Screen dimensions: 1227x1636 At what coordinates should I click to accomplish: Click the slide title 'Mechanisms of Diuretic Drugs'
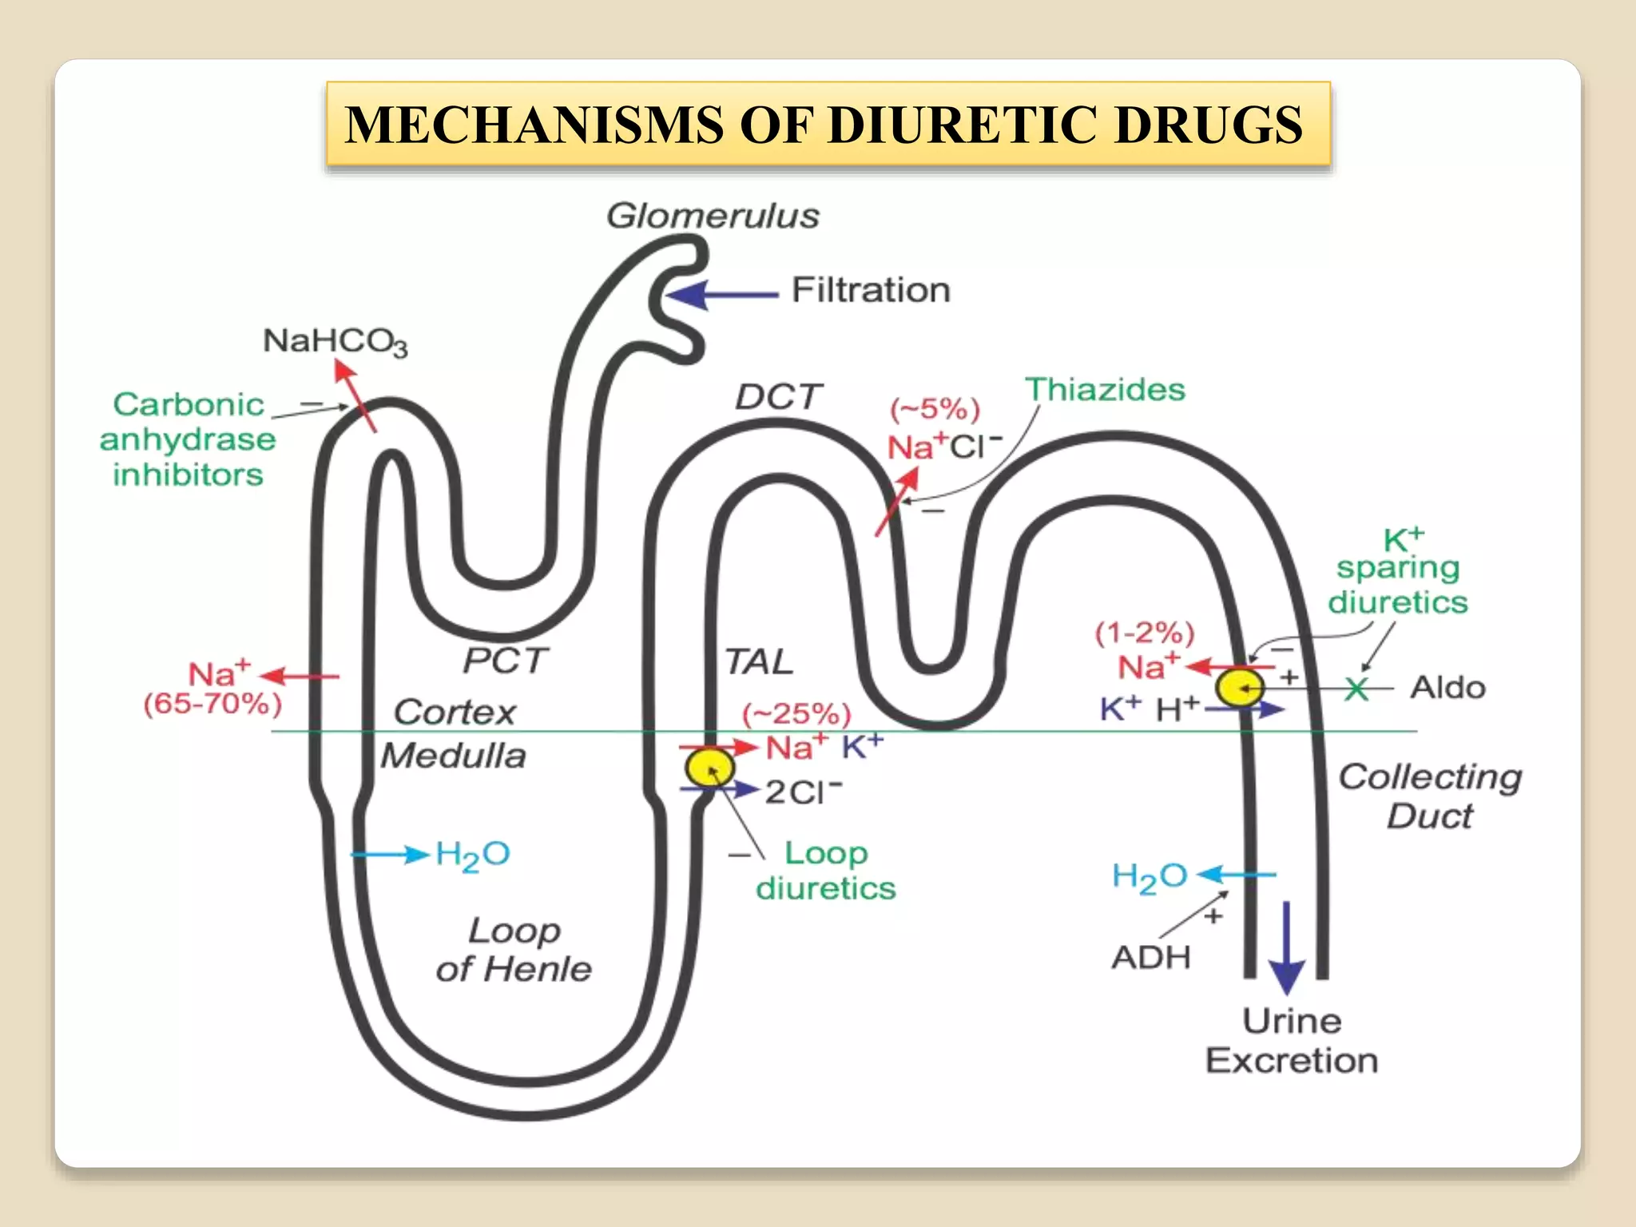828,125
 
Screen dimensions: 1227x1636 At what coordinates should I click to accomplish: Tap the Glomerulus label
713,216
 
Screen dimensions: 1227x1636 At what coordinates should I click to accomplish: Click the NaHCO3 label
335,341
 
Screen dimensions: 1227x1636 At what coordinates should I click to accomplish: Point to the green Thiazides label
1105,390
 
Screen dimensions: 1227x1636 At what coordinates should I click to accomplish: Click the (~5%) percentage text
935,410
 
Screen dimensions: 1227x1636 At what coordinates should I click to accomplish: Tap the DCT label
778,396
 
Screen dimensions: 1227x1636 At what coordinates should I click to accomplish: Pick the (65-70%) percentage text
212,704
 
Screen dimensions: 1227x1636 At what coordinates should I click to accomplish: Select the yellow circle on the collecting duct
1239,687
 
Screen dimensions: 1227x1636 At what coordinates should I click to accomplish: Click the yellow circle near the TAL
709,768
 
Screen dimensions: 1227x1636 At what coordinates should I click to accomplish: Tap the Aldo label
1447,687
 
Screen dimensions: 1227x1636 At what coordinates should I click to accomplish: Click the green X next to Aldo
1356,688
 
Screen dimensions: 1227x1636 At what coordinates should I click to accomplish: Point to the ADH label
1150,956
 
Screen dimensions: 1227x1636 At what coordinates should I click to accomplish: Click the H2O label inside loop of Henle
472,856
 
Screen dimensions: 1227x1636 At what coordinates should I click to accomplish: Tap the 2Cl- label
803,792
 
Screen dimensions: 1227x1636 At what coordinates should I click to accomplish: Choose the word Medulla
453,755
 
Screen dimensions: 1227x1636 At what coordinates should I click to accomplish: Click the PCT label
505,660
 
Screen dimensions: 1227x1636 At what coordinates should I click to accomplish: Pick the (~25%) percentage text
796,713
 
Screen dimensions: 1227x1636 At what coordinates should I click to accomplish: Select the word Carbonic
189,404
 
